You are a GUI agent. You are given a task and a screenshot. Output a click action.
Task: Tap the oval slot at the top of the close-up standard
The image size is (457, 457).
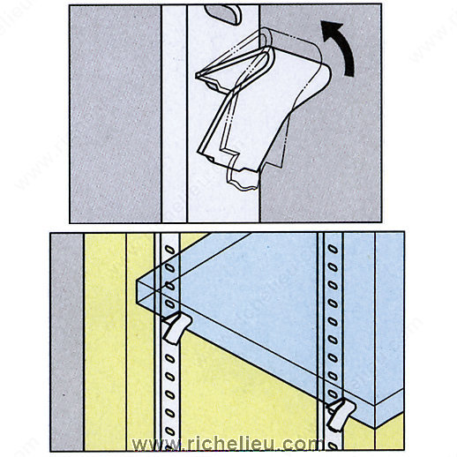pyautogui.click(x=223, y=14)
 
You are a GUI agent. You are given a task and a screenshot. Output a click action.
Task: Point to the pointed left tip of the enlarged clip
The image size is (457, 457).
pyautogui.click(x=197, y=75)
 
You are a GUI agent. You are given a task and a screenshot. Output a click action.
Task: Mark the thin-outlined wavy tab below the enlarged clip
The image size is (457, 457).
pyautogui.click(x=243, y=179)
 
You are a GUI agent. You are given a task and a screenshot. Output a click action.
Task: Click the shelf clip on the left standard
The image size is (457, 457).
pyautogui.click(x=176, y=328)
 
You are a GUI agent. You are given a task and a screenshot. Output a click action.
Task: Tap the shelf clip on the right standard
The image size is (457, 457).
pyautogui.click(x=341, y=415)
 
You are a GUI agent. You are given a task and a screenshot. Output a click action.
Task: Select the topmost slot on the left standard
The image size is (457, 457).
pyautogui.click(x=169, y=250)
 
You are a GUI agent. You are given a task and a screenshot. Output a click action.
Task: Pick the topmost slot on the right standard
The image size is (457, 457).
pyautogui.click(x=333, y=250)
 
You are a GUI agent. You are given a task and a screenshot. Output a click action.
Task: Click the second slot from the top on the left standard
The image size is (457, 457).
pyautogui.click(x=169, y=267)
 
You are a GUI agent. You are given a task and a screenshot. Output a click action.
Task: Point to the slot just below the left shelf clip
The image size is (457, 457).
pyautogui.click(x=169, y=358)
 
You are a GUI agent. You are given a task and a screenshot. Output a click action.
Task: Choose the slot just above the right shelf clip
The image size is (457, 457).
pyautogui.click(x=333, y=394)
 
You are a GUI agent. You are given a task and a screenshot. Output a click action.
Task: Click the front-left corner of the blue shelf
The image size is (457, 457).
pyautogui.click(x=137, y=280)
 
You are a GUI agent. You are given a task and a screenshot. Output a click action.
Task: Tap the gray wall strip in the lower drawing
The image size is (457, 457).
pyautogui.click(x=67, y=341)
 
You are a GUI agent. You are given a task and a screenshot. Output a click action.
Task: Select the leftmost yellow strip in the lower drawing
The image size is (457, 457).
pyautogui.click(x=105, y=341)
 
